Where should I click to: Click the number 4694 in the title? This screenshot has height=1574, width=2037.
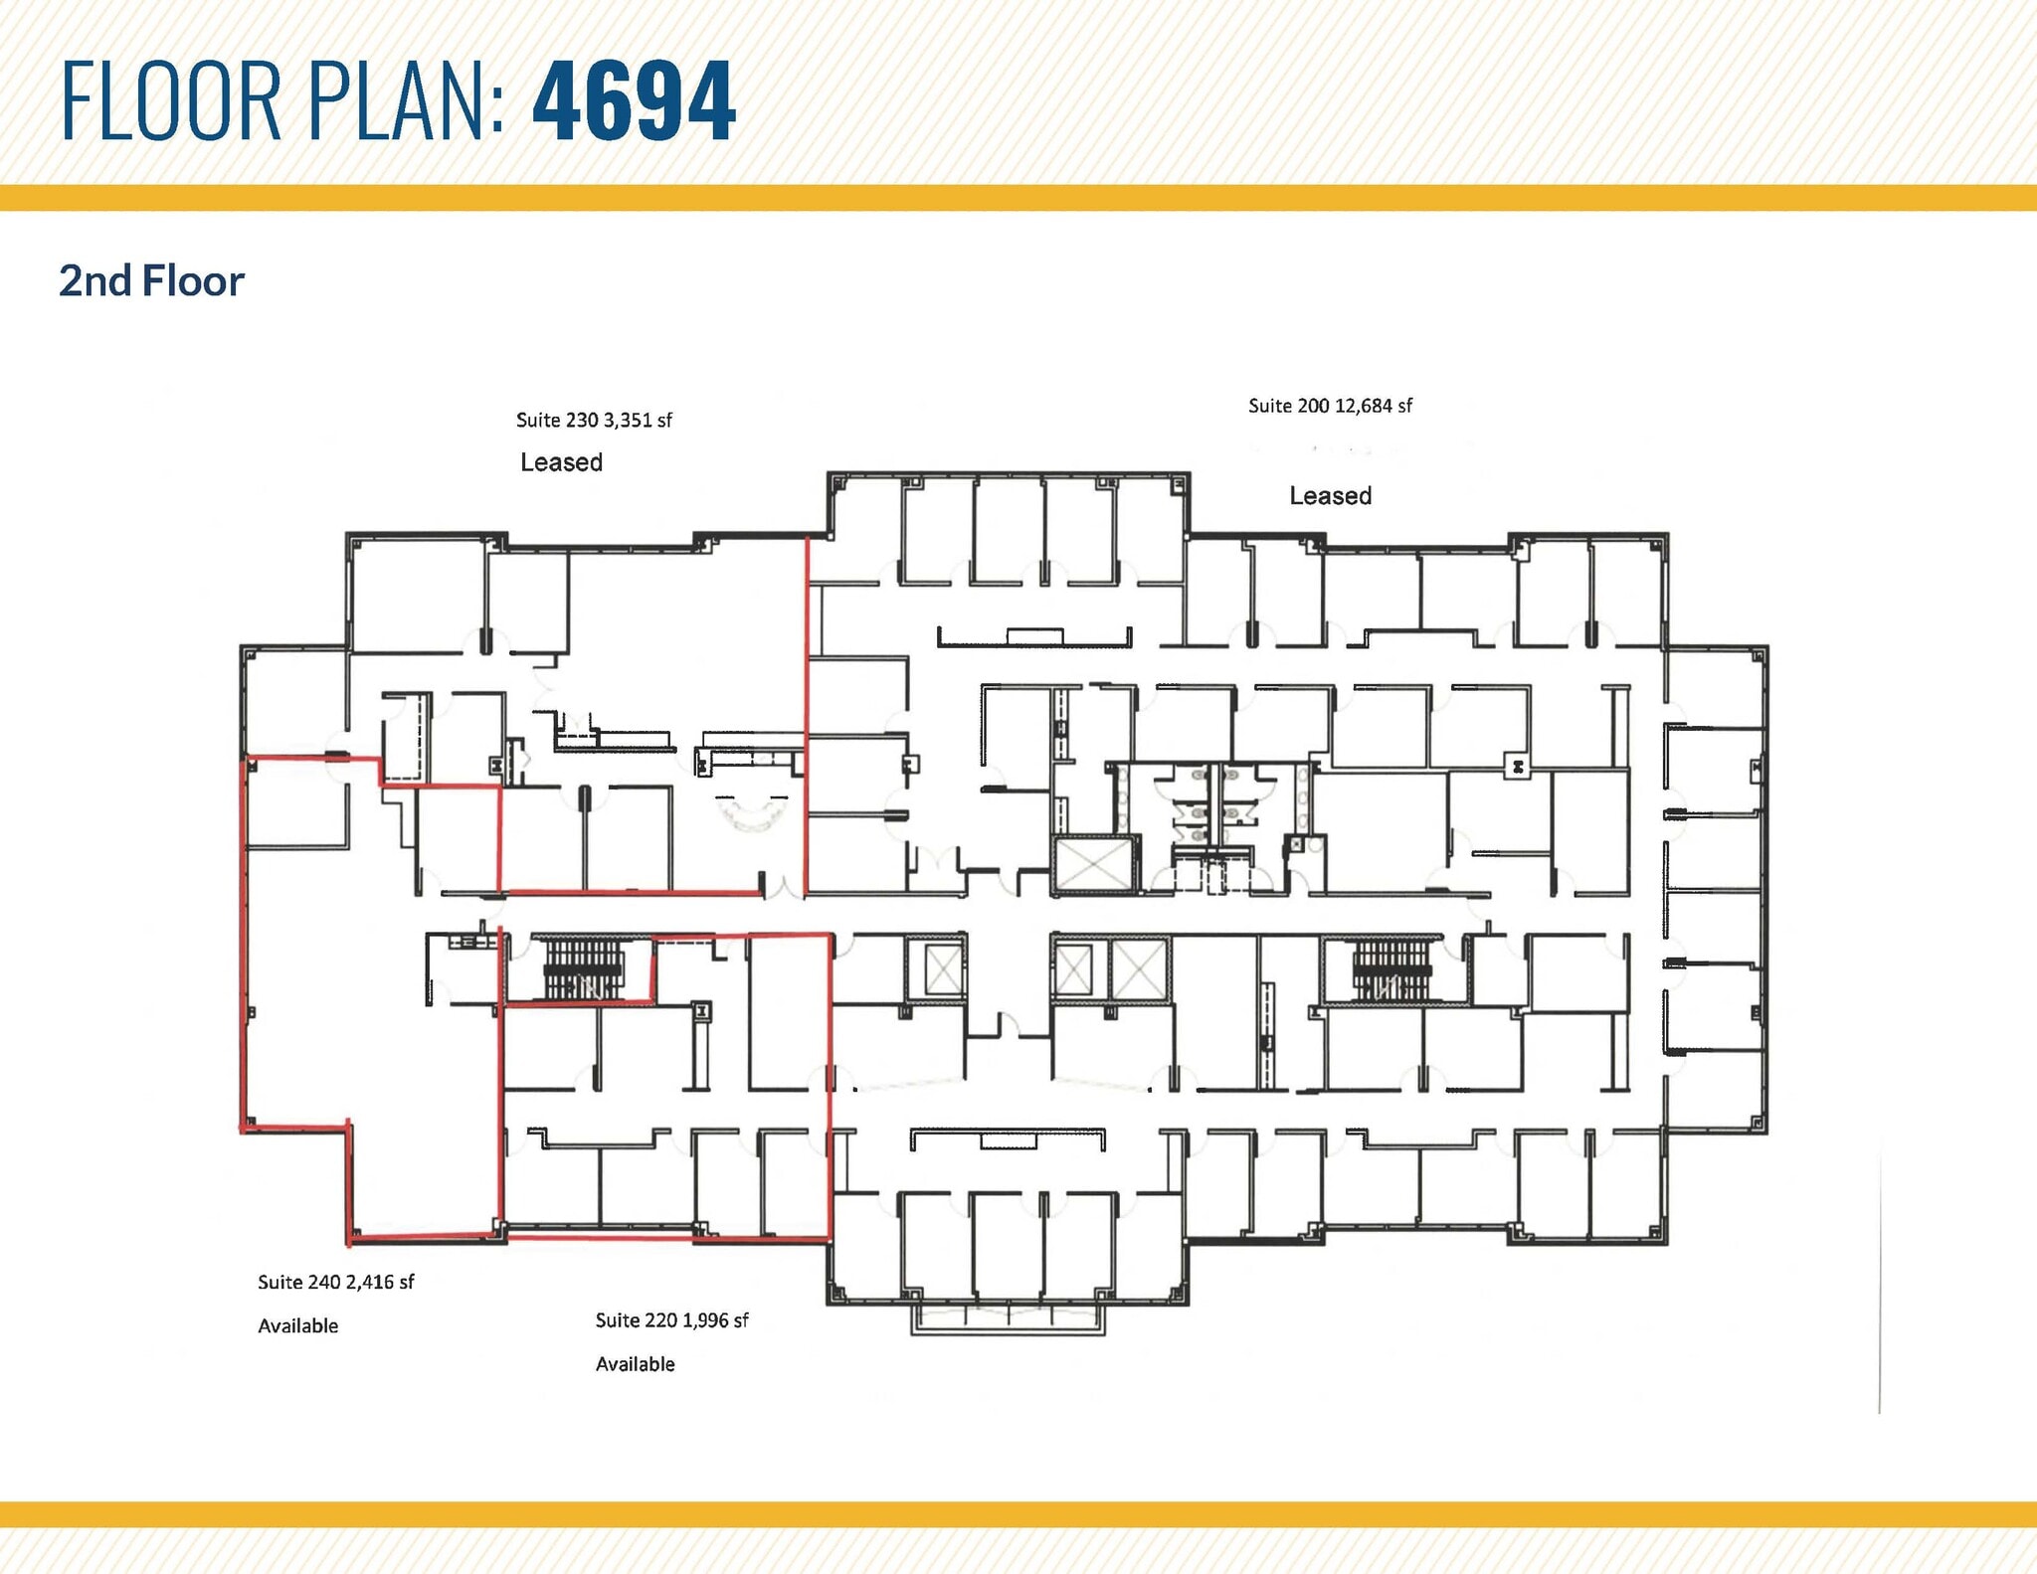(x=634, y=100)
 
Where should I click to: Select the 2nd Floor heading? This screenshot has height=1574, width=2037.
(x=151, y=281)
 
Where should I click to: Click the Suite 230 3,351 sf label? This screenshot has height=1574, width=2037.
(x=594, y=421)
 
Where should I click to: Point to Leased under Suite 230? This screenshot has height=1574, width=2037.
(x=561, y=462)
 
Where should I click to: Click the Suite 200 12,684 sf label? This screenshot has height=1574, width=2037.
(x=1330, y=406)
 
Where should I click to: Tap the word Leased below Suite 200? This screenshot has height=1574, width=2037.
(x=1330, y=495)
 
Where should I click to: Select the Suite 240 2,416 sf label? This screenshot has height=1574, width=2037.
(x=335, y=1282)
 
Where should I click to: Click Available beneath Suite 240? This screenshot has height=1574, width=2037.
(x=297, y=1325)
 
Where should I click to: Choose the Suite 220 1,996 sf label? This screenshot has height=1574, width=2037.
(x=671, y=1320)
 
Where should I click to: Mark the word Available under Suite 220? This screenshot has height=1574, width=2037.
(x=635, y=1364)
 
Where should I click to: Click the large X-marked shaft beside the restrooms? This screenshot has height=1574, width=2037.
(x=1093, y=865)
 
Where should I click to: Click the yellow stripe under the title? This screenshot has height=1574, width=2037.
(x=1018, y=197)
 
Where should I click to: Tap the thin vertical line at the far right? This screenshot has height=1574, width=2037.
(x=1879, y=1283)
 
